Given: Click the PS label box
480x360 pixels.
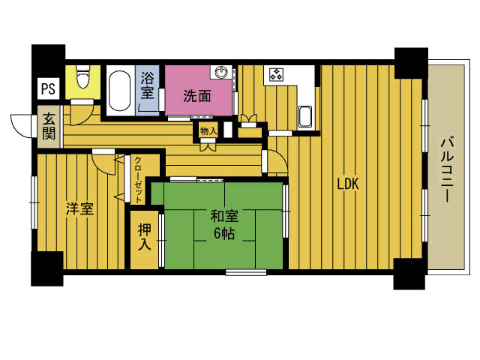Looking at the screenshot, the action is pyautogui.click(x=48, y=88).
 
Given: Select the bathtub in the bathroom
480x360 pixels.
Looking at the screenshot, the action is pyautogui.click(x=119, y=91).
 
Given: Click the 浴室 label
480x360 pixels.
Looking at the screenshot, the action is pyautogui.click(x=147, y=85).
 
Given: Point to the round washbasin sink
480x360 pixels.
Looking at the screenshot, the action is pyautogui.click(x=221, y=73).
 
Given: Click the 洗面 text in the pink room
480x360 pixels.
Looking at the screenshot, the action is pyautogui.click(x=197, y=96).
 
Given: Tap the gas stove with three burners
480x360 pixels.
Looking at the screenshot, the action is pyautogui.click(x=276, y=74).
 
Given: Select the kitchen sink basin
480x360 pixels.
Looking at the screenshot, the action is pyautogui.click(x=305, y=117).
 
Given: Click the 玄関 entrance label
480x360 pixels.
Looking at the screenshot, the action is pyautogui.click(x=49, y=126).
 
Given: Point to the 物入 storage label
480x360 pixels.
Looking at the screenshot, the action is pyautogui.click(x=208, y=131).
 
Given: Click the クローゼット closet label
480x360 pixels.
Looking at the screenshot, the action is pyautogui.click(x=138, y=180).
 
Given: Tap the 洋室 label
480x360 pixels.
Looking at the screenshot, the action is pyautogui.click(x=80, y=209).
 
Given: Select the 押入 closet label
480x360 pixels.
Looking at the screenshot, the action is pyautogui.click(x=145, y=237).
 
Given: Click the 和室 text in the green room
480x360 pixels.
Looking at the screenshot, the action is pyautogui.click(x=224, y=217).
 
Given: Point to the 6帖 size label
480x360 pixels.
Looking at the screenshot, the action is pyautogui.click(x=224, y=233).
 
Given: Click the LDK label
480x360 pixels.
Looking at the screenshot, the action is pyautogui.click(x=348, y=184).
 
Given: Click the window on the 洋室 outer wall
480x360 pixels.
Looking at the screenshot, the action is pyautogui.click(x=34, y=202).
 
